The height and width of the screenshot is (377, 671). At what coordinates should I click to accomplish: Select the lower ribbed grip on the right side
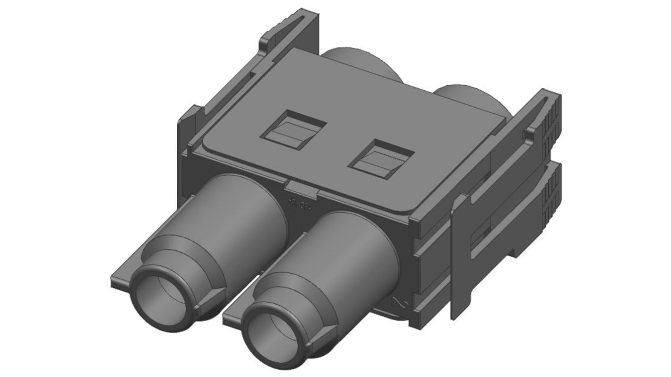point(551,198)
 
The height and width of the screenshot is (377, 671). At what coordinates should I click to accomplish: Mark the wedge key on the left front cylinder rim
point(211,302)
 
